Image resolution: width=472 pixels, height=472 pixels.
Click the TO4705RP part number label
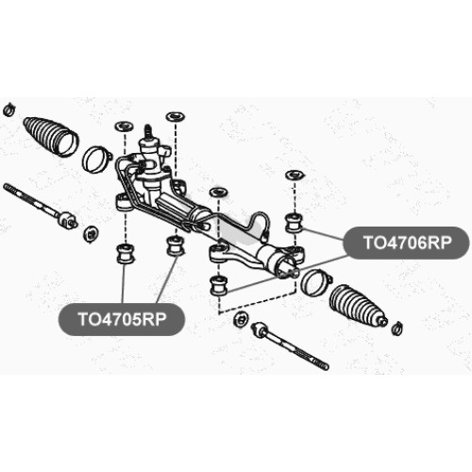point(122,319)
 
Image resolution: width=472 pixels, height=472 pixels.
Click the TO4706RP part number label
point(407,243)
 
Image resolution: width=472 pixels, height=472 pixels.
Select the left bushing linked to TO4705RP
point(125,253)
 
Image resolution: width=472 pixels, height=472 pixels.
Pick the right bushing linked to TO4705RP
point(177,245)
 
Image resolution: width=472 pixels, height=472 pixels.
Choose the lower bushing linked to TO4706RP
point(218,285)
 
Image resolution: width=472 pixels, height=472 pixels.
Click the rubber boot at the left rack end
point(51,136)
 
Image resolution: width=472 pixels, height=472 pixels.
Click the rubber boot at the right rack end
point(359,305)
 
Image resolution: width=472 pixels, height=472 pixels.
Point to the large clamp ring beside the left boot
point(96,160)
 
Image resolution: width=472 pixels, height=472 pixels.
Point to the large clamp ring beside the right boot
point(315,282)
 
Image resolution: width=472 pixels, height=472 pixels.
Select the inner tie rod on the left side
point(40,205)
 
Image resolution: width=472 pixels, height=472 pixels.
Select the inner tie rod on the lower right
point(290,346)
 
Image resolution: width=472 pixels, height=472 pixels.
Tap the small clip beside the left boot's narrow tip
point(8,109)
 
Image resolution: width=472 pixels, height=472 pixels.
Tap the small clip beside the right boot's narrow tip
point(398,329)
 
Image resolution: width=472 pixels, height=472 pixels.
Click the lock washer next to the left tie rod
point(91,234)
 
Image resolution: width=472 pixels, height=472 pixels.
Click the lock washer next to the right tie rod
point(241,320)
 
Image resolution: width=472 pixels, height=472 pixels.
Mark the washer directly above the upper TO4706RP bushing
point(294,175)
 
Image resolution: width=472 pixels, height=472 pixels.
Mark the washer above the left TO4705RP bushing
point(125,126)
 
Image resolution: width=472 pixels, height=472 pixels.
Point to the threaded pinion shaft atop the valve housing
point(147,132)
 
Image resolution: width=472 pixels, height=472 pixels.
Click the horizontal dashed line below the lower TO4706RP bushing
point(257,302)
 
